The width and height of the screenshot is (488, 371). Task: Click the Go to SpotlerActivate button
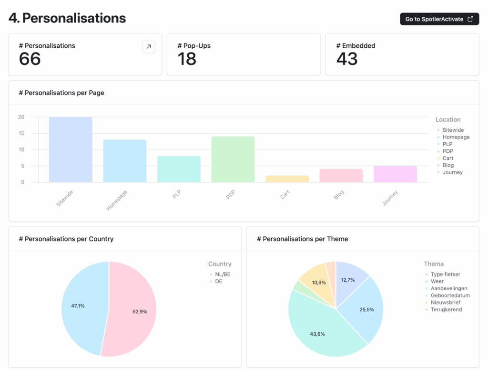439,19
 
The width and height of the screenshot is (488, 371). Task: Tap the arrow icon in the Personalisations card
149,47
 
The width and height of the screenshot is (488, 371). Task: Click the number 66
30,59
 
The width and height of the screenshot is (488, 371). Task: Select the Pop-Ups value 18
187,59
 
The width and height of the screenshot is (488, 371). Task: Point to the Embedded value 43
347,59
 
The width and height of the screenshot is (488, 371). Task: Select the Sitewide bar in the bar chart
71,149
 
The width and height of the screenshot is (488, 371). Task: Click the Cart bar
287,179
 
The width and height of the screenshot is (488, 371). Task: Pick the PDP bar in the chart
233,159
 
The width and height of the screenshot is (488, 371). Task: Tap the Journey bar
395,174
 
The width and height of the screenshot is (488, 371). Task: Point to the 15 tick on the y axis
21,133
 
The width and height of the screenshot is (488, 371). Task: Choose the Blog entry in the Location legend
448,165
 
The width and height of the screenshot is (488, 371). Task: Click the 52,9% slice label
140,311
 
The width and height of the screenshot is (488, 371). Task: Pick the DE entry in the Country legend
218,281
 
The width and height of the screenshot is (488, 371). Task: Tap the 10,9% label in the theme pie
318,282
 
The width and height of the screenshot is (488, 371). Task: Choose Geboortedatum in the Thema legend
450,296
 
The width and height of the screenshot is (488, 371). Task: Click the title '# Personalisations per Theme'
302,239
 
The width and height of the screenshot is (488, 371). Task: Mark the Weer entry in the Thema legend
437,281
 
